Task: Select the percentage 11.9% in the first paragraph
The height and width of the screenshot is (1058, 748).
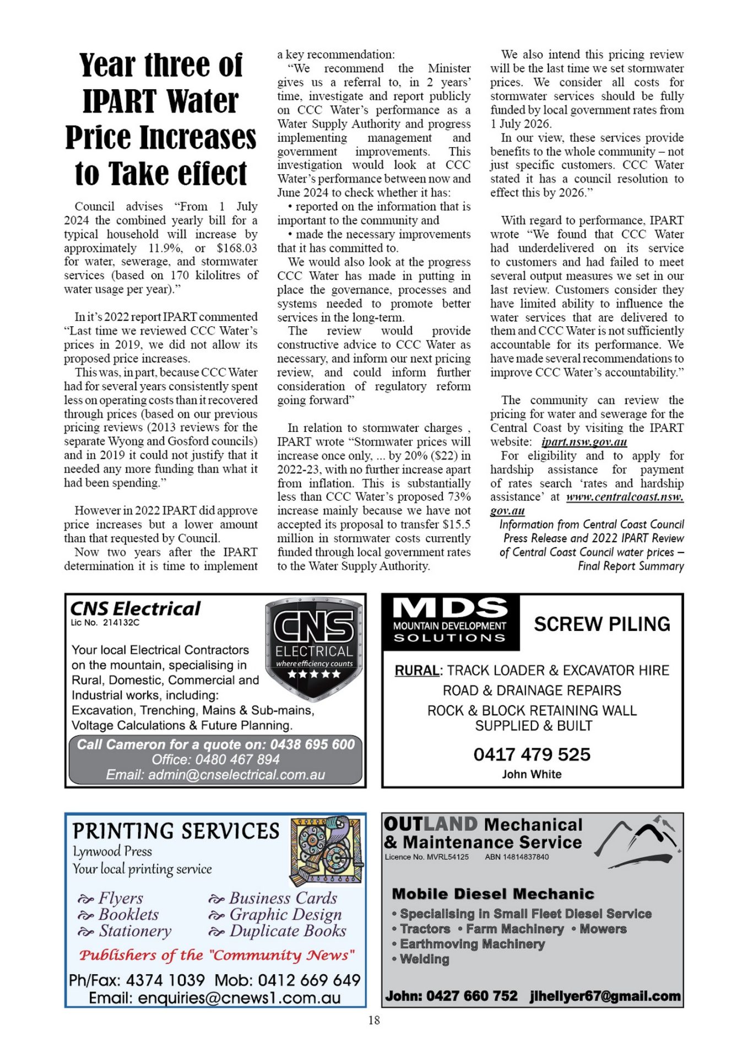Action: click(165, 248)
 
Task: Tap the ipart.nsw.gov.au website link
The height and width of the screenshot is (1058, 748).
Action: click(584, 442)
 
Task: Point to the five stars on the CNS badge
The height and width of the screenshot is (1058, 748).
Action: click(314, 673)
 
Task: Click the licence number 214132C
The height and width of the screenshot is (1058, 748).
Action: click(121, 623)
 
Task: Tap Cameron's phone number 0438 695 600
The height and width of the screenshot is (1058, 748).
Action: click(312, 744)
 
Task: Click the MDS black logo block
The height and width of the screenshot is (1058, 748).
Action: click(450, 622)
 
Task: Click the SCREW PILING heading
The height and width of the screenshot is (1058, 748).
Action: click(602, 624)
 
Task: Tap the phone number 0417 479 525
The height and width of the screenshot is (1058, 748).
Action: click(532, 754)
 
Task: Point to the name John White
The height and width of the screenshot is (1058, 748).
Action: click(532, 774)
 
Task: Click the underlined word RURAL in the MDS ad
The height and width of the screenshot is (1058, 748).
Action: click(417, 671)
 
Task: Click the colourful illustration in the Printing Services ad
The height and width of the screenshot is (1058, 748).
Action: click(327, 849)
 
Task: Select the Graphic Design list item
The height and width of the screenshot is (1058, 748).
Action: click(285, 915)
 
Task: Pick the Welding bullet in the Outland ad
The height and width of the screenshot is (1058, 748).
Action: click(424, 959)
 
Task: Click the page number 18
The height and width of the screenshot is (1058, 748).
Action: click(374, 1021)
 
